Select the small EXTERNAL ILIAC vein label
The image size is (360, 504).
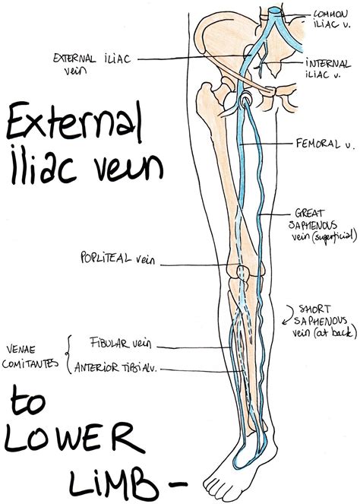(74, 62)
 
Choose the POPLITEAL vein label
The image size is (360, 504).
(117, 259)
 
